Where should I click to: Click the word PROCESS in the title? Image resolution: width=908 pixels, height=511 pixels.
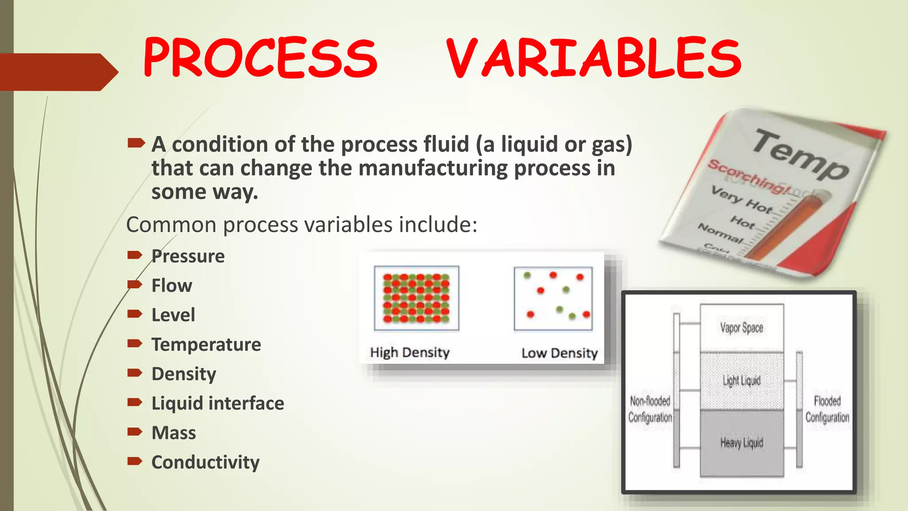[260, 58]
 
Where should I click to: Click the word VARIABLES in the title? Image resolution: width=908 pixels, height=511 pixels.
[593, 58]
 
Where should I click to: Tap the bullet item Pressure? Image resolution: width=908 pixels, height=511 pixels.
[188, 256]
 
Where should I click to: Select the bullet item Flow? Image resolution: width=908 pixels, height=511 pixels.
[172, 286]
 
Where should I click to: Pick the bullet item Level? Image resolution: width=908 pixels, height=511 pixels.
[173, 315]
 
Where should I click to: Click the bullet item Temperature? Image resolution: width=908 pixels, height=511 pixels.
[206, 345]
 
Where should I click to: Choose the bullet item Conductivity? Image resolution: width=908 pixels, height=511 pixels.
[205, 462]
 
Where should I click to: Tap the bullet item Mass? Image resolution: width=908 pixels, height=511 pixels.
[173, 433]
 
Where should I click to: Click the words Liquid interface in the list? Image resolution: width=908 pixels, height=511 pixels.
[218, 403]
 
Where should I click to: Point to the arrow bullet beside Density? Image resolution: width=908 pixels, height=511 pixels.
[134, 373]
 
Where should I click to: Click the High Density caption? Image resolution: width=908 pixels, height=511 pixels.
[410, 353]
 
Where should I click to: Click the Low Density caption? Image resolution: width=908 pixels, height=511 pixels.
[560, 353]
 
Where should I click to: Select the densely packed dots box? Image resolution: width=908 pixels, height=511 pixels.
[416, 298]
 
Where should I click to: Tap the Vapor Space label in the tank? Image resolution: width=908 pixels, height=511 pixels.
[742, 328]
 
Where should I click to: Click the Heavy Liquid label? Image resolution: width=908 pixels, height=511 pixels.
[742, 442]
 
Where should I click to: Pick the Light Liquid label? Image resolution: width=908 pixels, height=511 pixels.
[742, 381]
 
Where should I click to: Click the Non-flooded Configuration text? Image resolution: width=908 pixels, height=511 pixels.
[650, 409]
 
